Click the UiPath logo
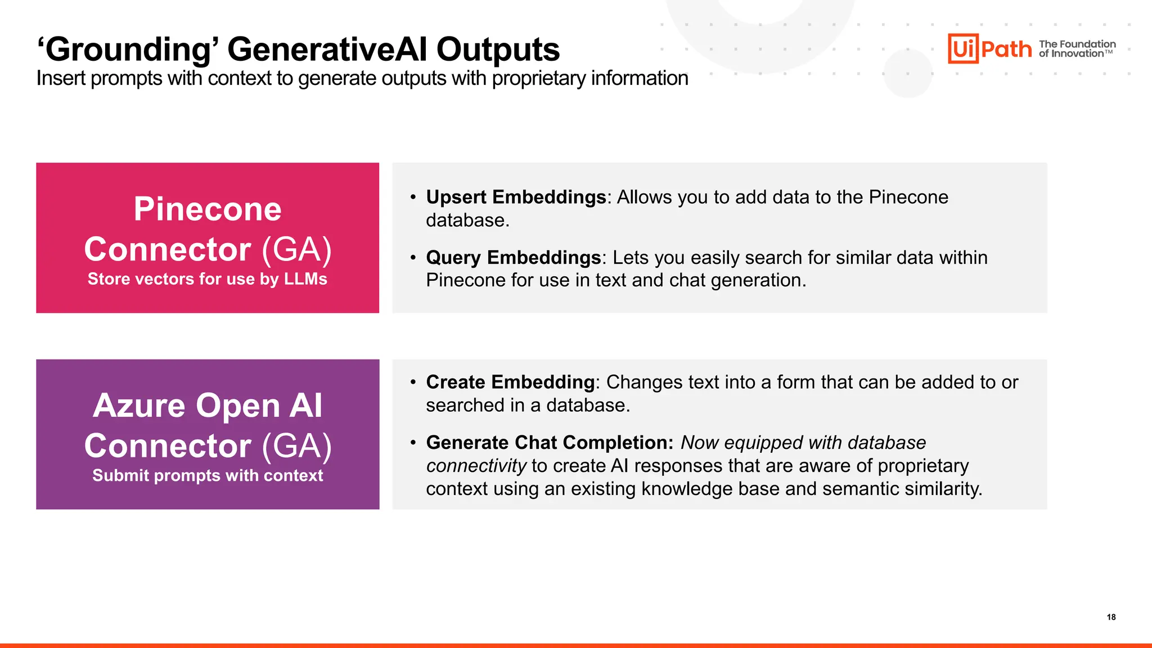(989, 48)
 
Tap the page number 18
(1111, 617)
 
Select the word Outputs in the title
(498, 49)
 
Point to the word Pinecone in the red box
(208, 209)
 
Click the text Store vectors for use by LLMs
(208, 279)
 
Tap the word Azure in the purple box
(139, 406)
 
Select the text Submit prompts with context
(208, 475)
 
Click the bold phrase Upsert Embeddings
(516, 197)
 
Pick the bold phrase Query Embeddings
(513, 257)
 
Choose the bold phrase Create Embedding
(510, 382)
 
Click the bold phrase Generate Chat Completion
(549, 443)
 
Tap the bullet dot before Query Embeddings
(413, 258)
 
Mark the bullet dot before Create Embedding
(413, 382)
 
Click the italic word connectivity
(476, 466)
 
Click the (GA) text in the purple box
(297, 446)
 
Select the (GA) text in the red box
(297, 249)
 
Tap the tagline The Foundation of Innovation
(1077, 48)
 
